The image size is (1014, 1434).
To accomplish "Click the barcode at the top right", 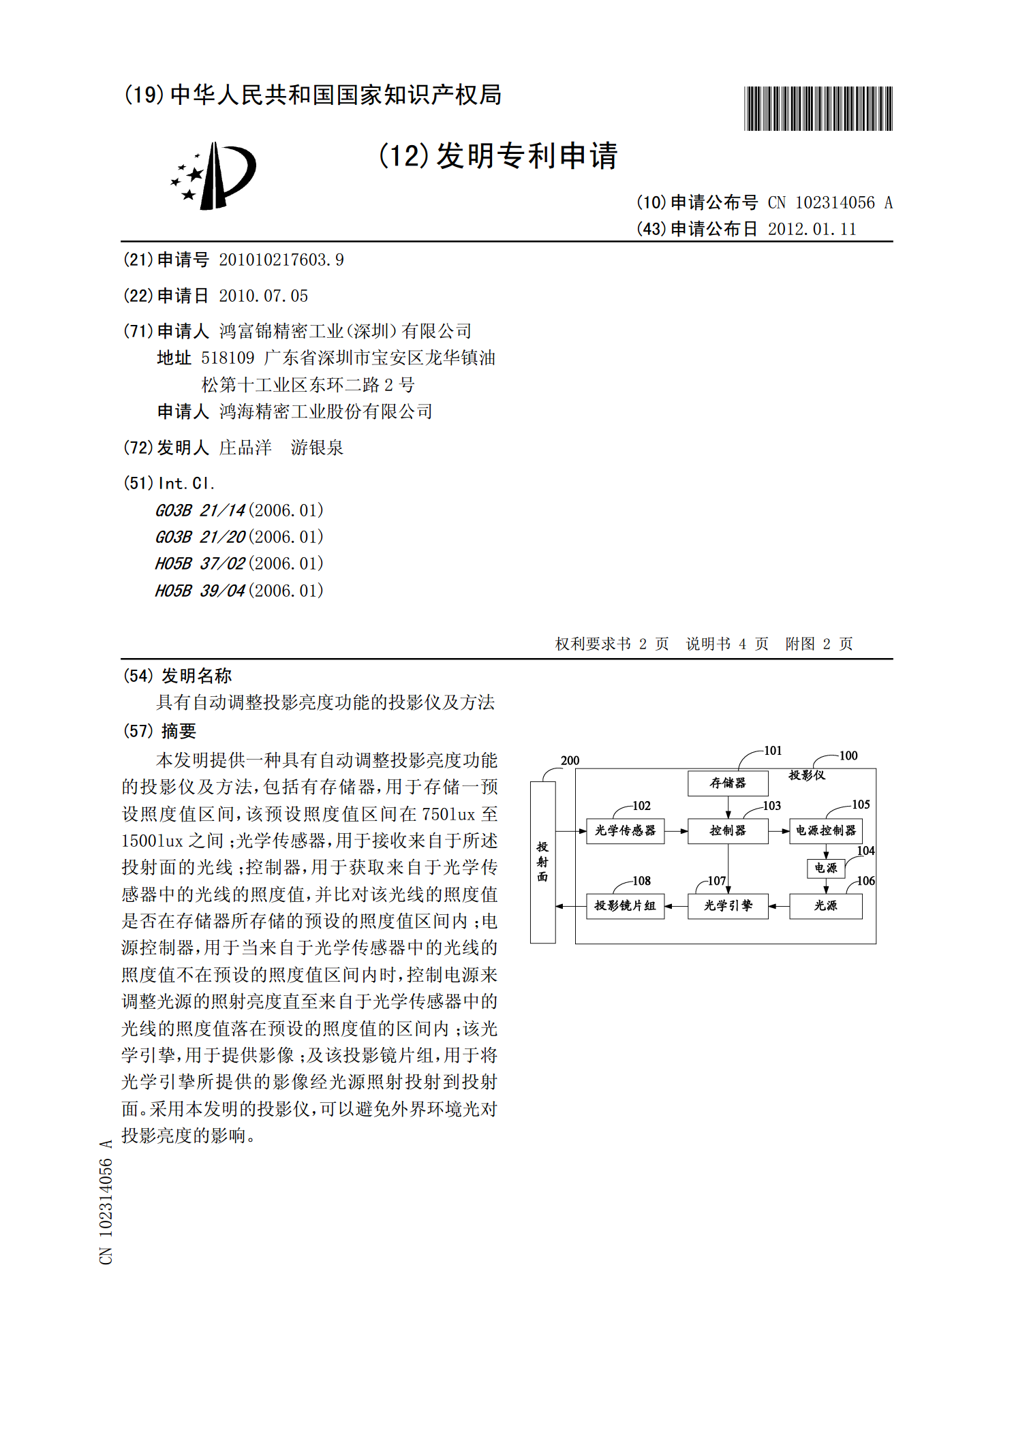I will [x=818, y=108].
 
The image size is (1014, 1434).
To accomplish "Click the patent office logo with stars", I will [x=213, y=176].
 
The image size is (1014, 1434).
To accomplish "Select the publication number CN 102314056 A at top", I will [x=829, y=202].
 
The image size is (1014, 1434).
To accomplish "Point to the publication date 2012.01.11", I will [x=812, y=229].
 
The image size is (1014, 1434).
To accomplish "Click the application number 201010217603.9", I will [x=281, y=260].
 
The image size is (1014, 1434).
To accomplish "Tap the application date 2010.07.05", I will [x=263, y=296].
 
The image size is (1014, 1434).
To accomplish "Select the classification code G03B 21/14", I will [x=200, y=510].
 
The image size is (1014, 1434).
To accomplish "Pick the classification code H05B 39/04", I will [x=200, y=591].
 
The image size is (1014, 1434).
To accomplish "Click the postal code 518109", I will [x=228, y=358].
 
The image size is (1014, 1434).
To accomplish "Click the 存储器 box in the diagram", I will [x=727, y=783].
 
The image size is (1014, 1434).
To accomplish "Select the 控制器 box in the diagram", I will [x=727, y=830].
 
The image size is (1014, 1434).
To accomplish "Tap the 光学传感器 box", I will [x=625, y=830].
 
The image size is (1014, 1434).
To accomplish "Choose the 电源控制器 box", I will [x=825, y=830].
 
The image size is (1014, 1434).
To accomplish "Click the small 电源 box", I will [x=825, y=868].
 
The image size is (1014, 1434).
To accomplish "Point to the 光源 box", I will [x=825, y=905].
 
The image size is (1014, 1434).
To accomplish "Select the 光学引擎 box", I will [x=727, y=905].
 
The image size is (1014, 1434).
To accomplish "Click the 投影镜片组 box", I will [x=625, y=905].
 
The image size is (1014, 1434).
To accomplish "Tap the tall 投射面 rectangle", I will [x=542, y=862].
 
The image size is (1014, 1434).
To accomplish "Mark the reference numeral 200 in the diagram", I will [x=570, y=760].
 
